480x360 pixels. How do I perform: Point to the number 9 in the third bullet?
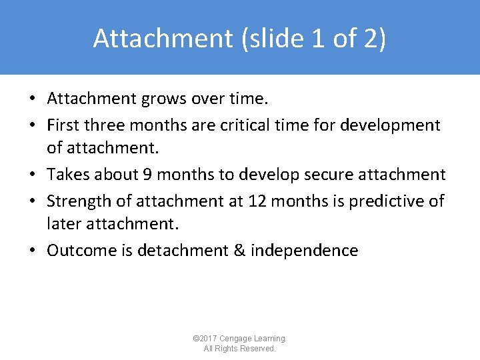(147, 175)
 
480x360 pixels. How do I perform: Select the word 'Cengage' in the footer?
(238, 339)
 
